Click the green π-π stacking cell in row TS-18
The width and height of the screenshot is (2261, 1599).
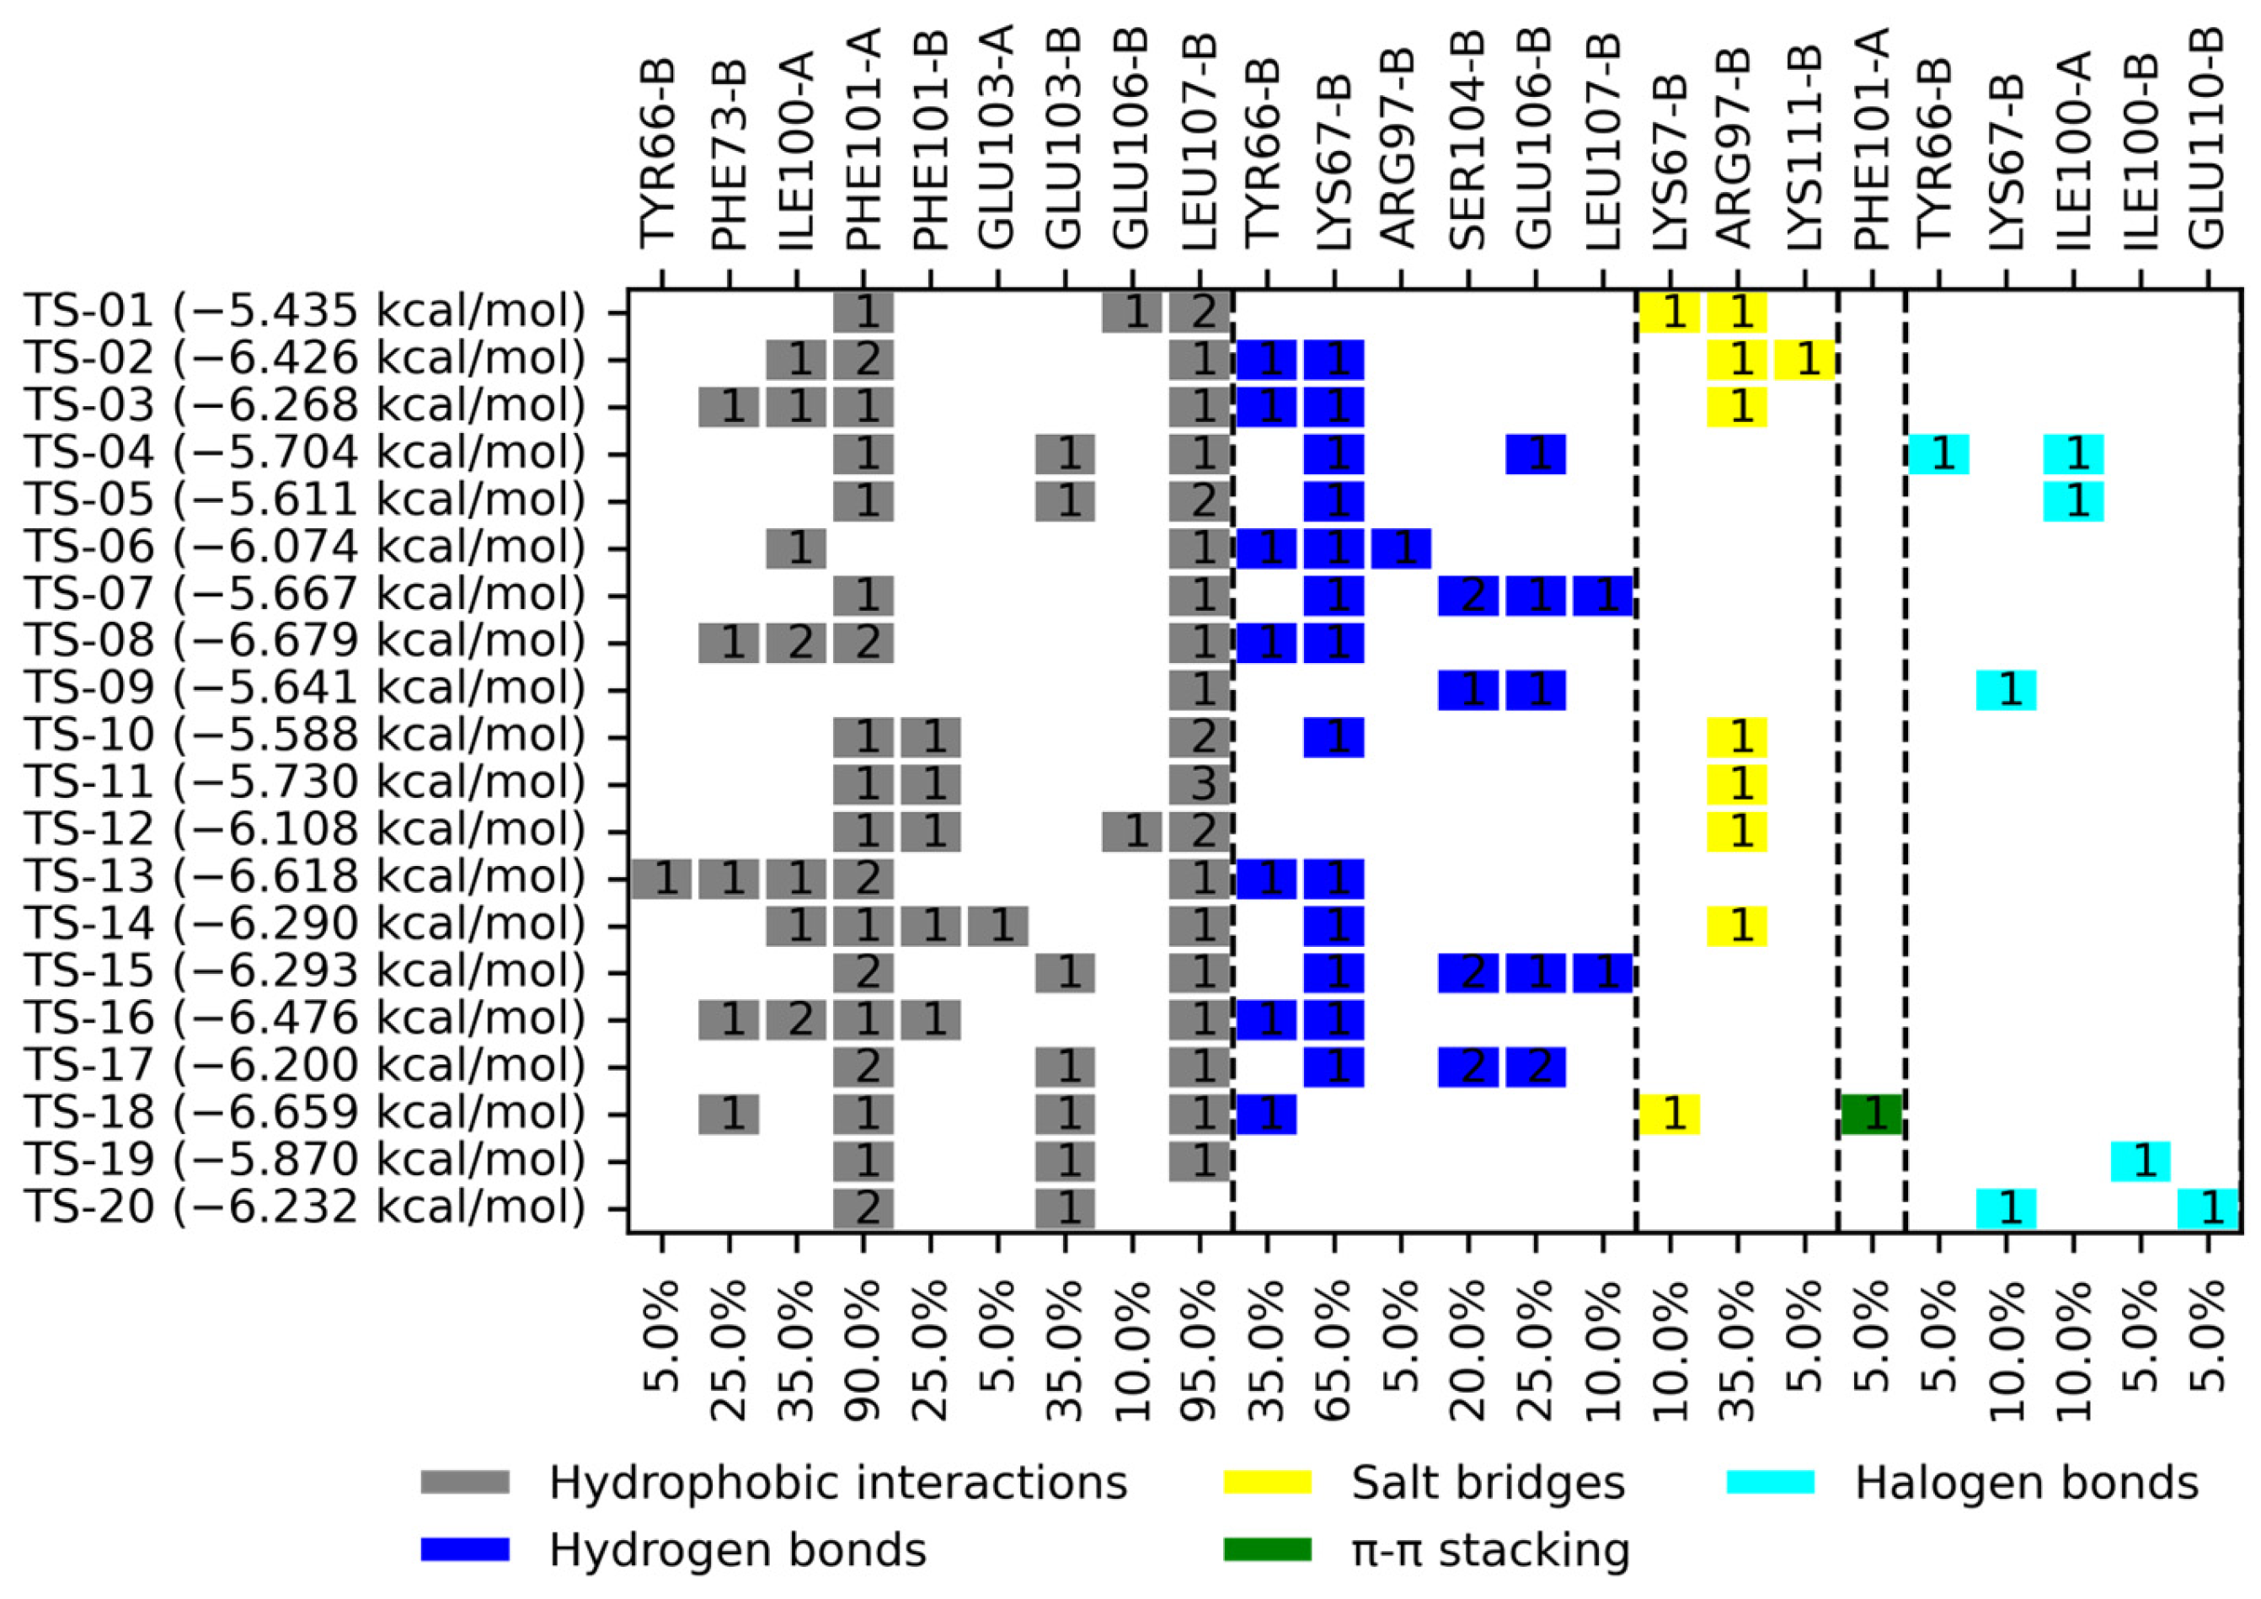point(1870,1114)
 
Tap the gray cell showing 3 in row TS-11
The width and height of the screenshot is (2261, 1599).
point(1200,783)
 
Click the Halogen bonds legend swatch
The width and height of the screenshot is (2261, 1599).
point(1770,1483)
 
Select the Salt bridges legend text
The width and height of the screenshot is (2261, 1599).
point(1487,1483)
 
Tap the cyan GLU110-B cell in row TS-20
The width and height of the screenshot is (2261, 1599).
point(2208,1208)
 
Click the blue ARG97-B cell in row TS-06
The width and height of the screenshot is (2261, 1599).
point(1401,548)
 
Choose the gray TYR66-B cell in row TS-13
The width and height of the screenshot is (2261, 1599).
point(662,878)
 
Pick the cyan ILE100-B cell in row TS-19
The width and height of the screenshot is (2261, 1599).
point(2141,1161)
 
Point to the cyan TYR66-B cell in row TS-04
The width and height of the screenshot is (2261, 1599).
point(1938,454)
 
